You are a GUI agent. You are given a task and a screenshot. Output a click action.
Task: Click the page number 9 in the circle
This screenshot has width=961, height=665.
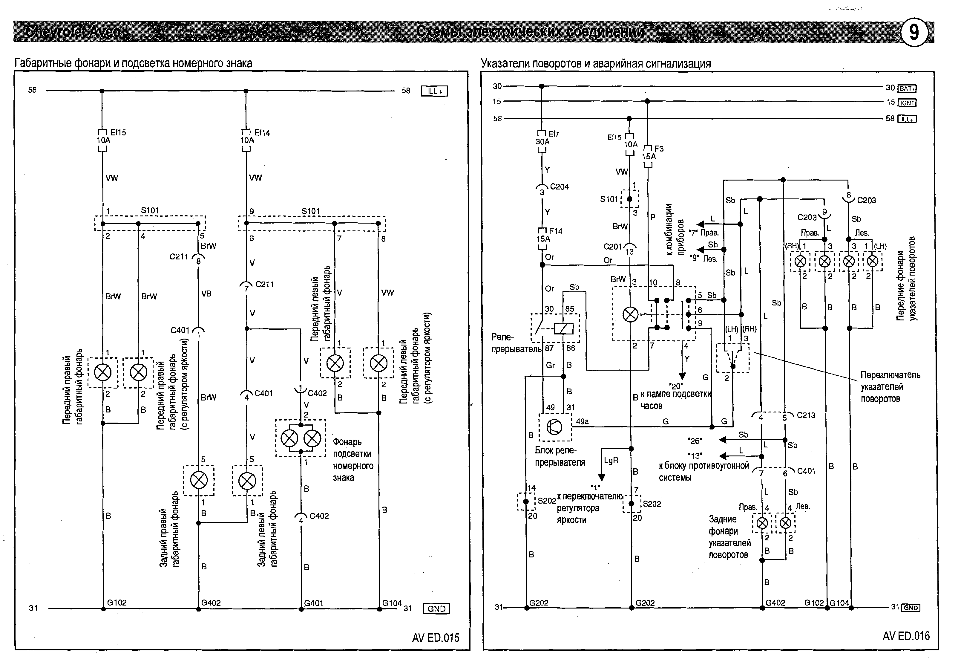pyautogui.click(x=914, y=32)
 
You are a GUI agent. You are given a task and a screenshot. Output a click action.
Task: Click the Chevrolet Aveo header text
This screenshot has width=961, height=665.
pyautogui.click(x=73, y=32)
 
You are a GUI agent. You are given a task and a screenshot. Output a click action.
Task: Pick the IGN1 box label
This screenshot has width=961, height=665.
pyautogui.click(x=907, y=103)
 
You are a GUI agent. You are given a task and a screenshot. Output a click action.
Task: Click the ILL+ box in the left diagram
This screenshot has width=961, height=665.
pyautogui.click(x=434, y=91)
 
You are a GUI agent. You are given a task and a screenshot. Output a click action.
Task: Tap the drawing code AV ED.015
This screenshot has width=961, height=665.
pyautogui.click(x=436, y=638)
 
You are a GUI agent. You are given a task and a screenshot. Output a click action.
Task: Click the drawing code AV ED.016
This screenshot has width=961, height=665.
pyautogui.click(x=906, y=636)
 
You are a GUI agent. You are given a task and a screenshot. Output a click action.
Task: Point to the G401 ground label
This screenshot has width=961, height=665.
pyautogui.click(x=313, y=603)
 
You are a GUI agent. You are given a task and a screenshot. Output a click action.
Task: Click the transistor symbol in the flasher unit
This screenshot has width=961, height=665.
pyautogui.click(x=555, y=427)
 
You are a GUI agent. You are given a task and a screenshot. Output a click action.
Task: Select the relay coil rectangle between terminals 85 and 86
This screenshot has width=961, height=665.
pyautogui.click(x=563, y=329)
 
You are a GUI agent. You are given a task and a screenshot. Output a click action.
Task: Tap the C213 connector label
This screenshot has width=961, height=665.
pyautogui.click(x=806, y=415)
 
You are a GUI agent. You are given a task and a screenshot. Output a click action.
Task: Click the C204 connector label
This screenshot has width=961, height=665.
pyautogui.click(x=559, y=187)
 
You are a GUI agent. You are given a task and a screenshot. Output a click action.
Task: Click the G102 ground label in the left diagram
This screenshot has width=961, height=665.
pyautogui.click(x=117, y=603)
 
